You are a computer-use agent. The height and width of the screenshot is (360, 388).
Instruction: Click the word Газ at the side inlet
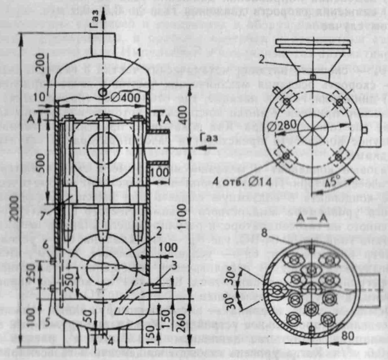point(190,137)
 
